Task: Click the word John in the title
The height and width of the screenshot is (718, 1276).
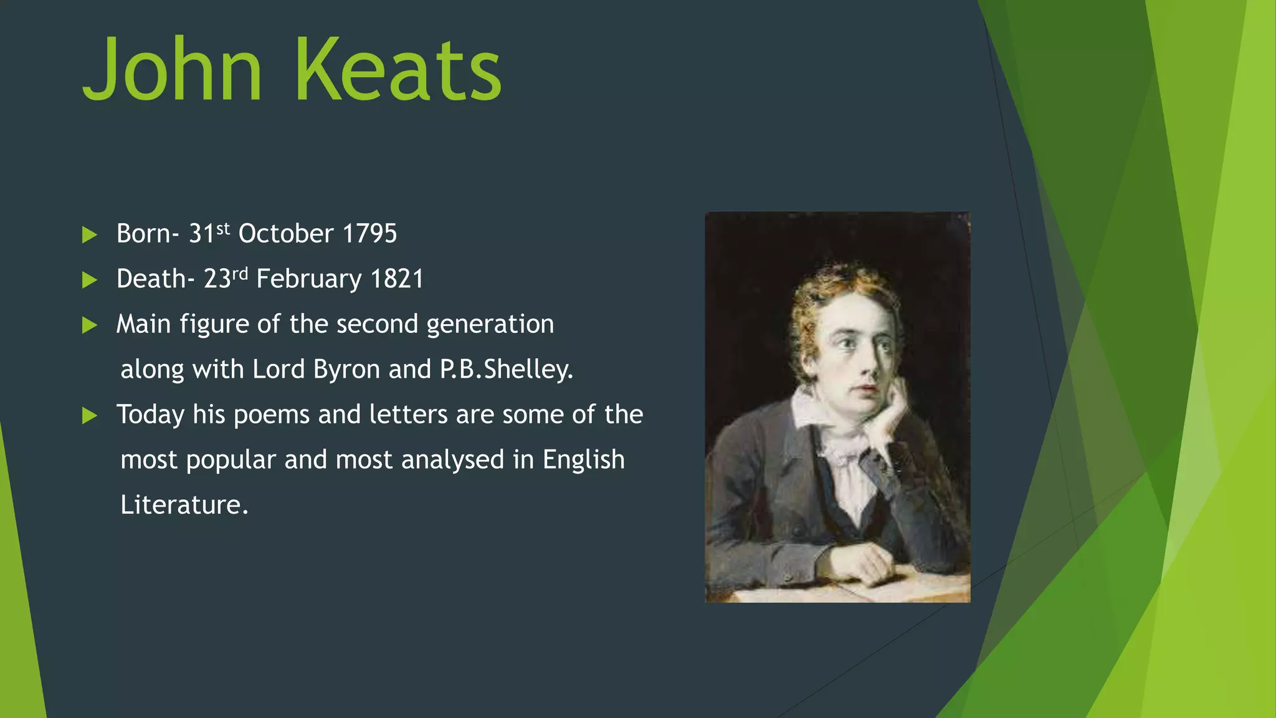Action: tap(172, 70)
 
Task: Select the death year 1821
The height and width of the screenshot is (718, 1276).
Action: tap(397, 279)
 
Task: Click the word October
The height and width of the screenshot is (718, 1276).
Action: tap(286, 234)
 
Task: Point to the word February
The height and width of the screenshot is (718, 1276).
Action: tap(309, 279)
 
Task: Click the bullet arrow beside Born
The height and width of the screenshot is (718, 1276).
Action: tap(90, 235)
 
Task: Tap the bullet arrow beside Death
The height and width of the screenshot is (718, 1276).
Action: tap(90, 280)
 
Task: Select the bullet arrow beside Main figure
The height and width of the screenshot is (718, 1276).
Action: tap(90, 325)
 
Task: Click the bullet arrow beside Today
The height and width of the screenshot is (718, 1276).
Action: tap(90, 415)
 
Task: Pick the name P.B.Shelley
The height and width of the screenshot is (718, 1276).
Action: tap(506, 370)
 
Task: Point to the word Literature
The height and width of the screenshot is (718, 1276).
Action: tap(184, 505)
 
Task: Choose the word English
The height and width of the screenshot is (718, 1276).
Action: tap(583, 460)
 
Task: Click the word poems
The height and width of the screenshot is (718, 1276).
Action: tap(271, 415)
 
